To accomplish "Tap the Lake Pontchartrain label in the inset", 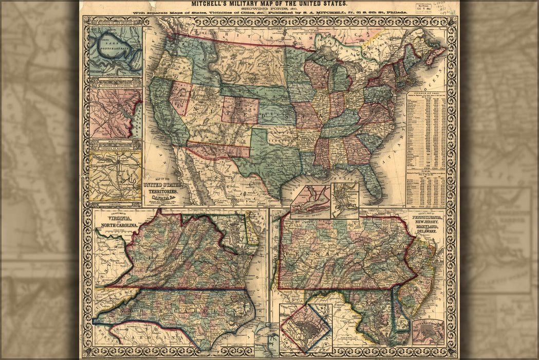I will point(115,45).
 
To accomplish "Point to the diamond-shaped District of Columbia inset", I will point(305,327).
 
